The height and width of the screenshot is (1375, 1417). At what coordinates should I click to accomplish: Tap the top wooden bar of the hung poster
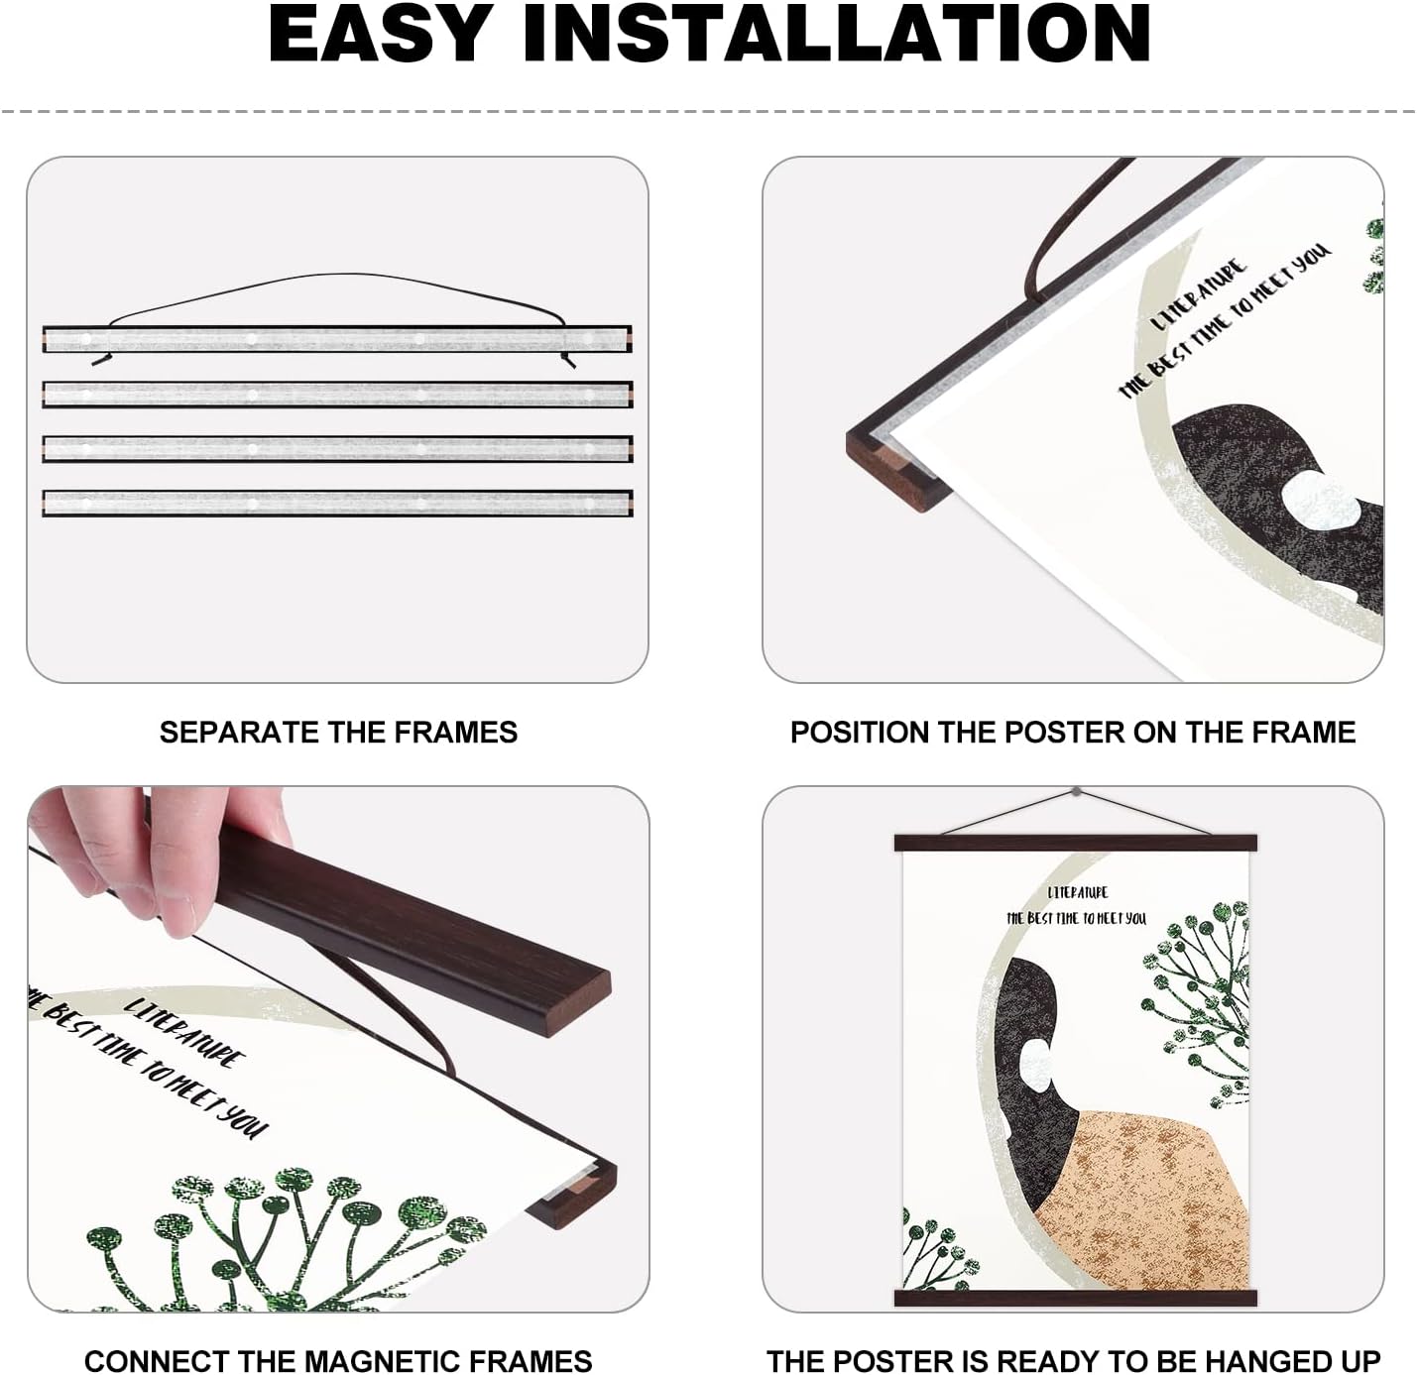1076,844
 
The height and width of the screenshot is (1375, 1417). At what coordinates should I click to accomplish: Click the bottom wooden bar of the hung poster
1076,1297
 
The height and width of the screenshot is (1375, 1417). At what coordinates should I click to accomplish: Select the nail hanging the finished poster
1076,792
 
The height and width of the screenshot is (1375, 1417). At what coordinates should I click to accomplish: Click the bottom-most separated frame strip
337,503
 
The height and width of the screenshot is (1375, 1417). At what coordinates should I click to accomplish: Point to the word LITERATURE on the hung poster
1077,893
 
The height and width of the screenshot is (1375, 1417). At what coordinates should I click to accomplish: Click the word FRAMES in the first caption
456,733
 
